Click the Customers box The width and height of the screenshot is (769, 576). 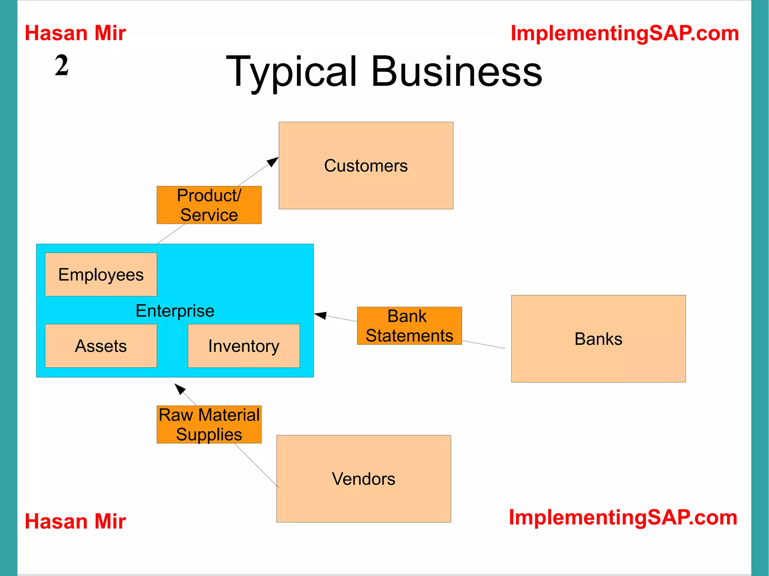coord(366,165)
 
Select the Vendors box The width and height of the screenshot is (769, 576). coord(363,478)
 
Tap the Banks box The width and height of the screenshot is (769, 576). coord(598,338)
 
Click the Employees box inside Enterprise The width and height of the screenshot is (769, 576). coord(101,274)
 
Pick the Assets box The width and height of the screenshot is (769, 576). coord(101,346)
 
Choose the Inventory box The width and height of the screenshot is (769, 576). coord(244,346)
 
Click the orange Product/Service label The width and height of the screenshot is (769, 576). coord(209,205)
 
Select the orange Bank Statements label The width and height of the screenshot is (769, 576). coord(409,326)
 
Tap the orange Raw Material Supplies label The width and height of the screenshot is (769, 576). coord(209,424)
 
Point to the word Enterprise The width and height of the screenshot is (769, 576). coord(175,311)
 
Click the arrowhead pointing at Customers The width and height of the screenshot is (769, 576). coord(273,162)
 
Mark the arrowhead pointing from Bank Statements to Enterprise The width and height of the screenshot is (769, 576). coord(320,315)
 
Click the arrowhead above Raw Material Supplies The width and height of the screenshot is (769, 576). coord(180,389)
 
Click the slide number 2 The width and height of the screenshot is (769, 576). coord(62,65)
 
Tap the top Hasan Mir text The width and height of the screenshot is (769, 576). coord(75,33)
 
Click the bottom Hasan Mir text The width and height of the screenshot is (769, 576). coord(75,521)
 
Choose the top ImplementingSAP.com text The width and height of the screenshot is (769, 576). coord(625,33)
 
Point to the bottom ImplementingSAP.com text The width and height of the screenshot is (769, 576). coord(623,517)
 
